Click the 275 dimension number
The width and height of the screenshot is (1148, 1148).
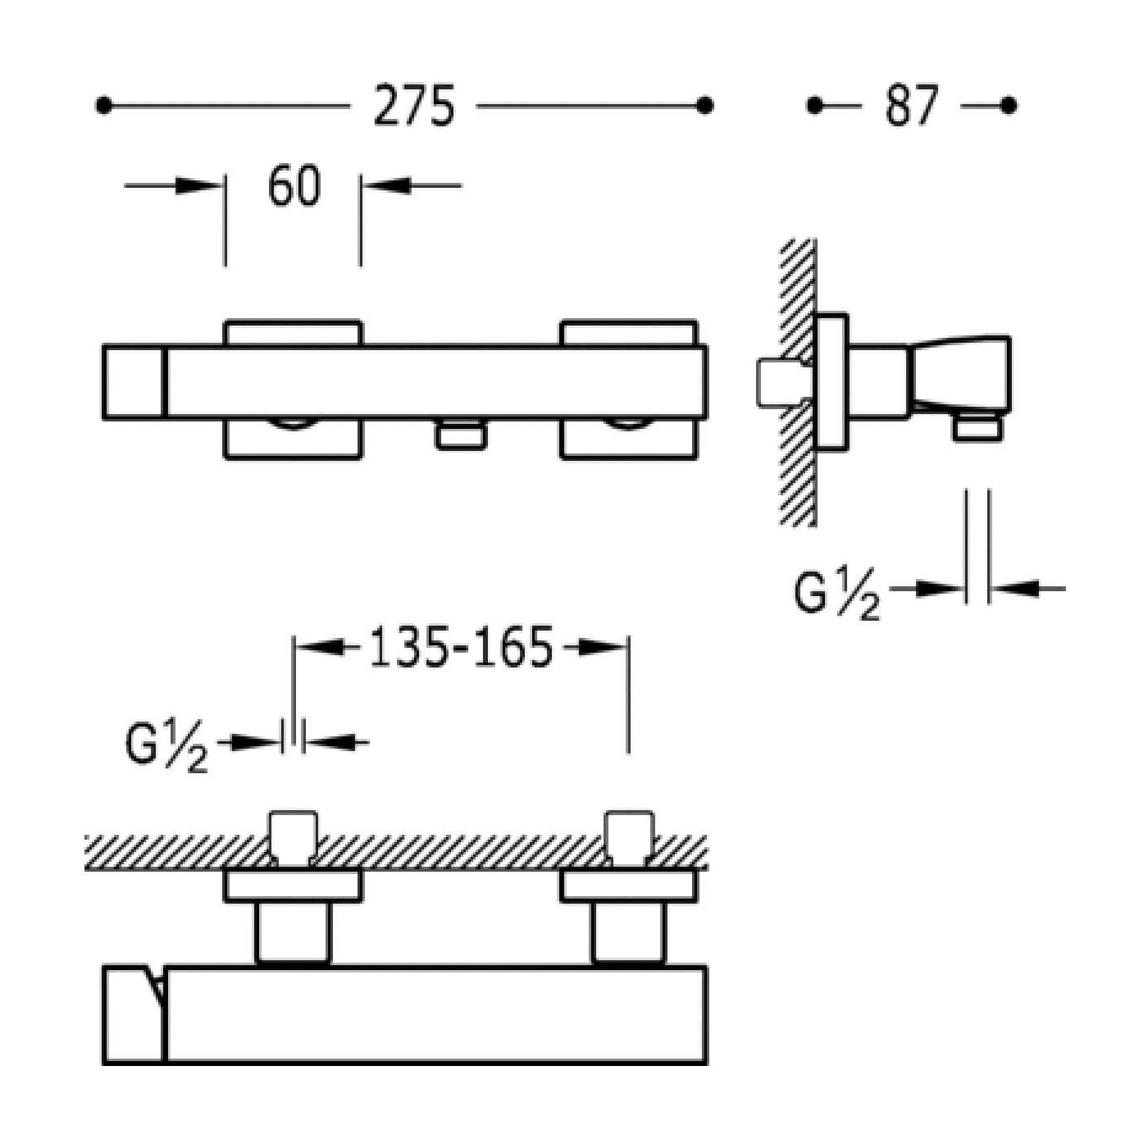414,105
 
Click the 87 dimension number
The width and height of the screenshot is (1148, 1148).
912,105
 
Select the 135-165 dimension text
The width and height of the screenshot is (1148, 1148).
461,647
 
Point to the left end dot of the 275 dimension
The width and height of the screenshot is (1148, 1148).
103,106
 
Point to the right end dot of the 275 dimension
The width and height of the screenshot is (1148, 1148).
704,106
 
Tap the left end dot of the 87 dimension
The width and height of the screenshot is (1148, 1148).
814,106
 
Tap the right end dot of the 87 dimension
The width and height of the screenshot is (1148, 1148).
1009,106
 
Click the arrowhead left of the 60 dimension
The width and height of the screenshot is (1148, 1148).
199,185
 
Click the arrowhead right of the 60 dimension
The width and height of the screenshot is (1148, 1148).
386,185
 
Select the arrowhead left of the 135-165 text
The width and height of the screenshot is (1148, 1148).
320,647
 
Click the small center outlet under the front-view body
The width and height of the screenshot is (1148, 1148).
461,433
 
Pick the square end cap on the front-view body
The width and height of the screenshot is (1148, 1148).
134,382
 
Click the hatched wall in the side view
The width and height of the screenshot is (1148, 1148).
799,382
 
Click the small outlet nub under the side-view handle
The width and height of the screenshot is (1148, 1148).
977,426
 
